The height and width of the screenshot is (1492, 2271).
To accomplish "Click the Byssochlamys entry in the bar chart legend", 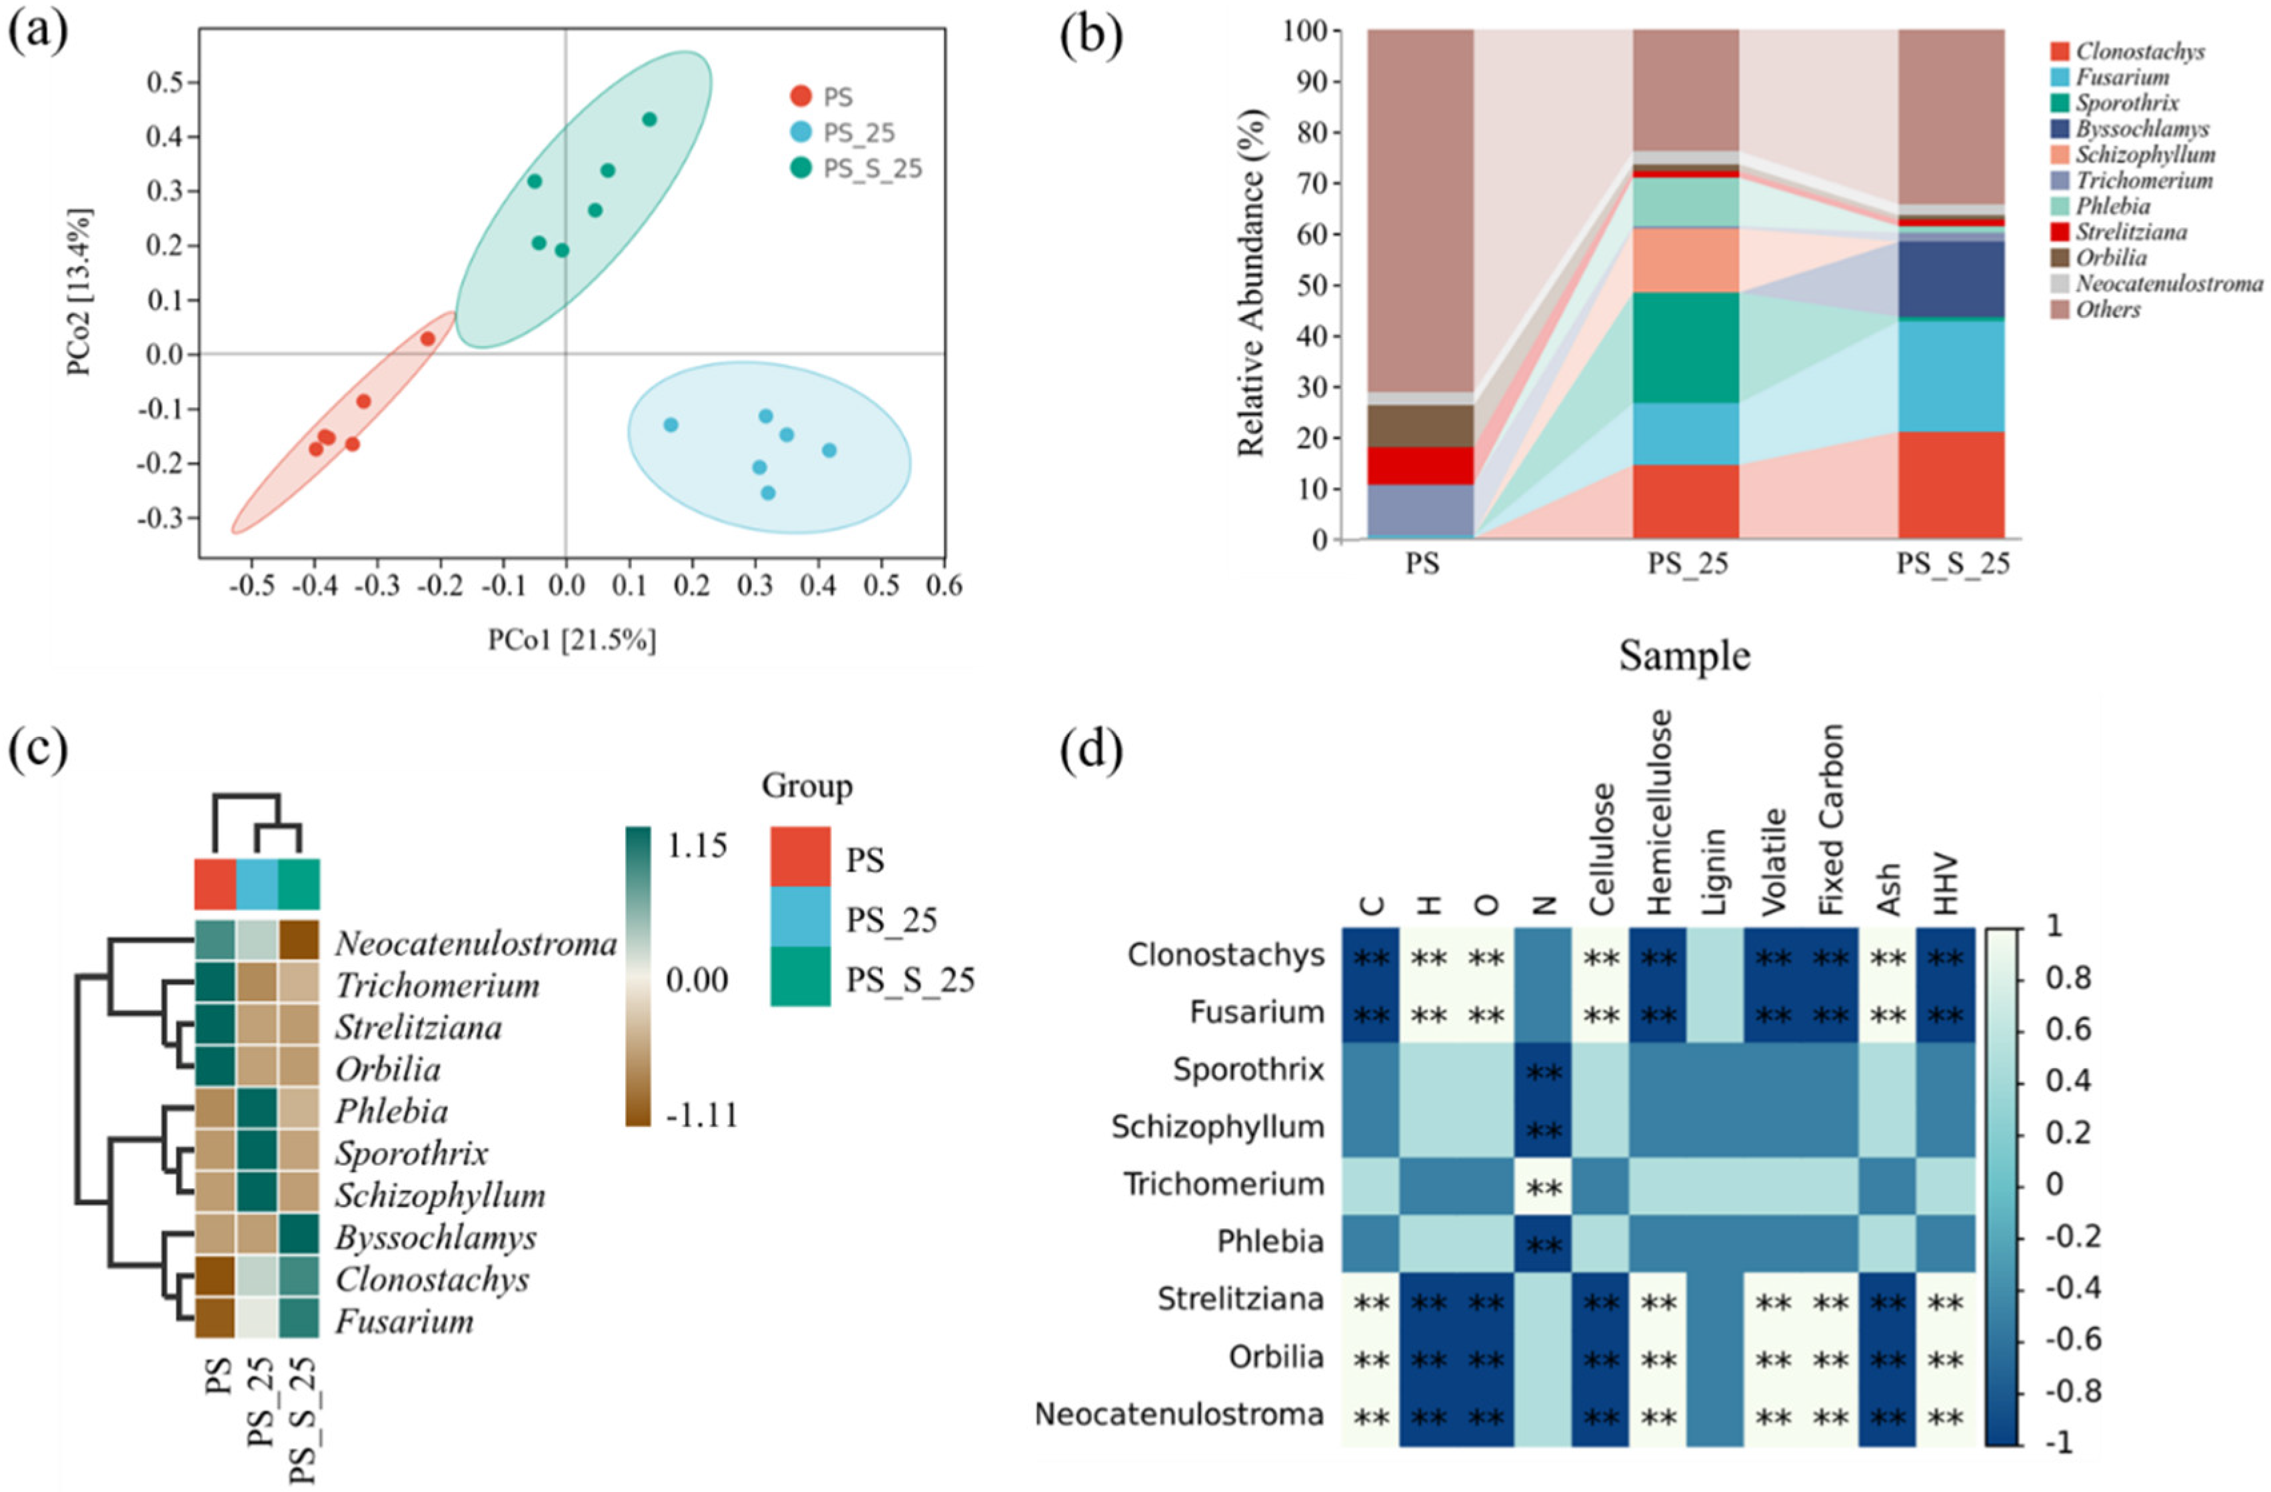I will coord(2141,129).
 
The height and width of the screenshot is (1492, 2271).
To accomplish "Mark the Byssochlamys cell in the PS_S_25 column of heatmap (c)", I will coord(299,1237).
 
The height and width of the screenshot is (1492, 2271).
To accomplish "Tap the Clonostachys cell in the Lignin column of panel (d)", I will coord(1714,956).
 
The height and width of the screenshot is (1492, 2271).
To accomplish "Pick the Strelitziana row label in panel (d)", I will coord(1240,1299).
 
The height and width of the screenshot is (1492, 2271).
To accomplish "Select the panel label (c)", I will coord(37,750).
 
